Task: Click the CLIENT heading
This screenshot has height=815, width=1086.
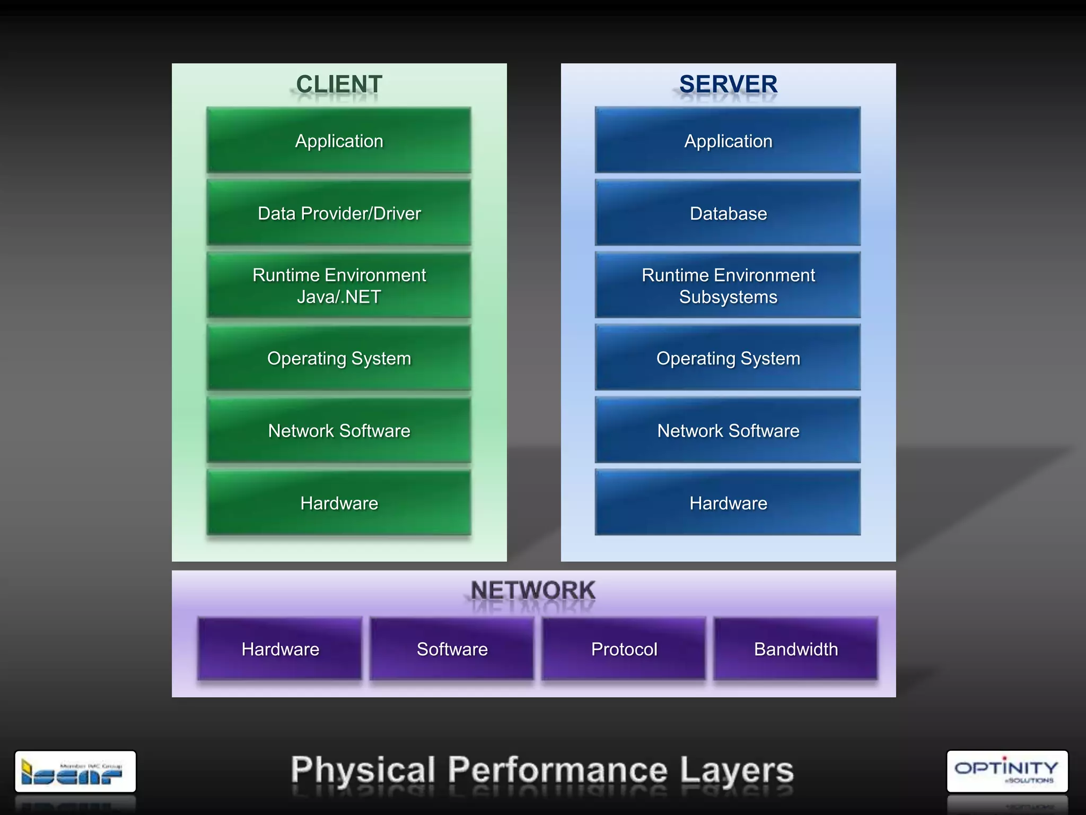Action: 339,84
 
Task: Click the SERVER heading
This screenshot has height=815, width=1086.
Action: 728,84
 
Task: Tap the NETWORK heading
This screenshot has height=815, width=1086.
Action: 533,590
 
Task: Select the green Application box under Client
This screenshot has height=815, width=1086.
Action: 339,141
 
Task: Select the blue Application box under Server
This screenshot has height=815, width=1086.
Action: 728,141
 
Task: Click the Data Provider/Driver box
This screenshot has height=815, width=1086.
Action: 339,213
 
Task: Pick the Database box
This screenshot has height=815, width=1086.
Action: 728,213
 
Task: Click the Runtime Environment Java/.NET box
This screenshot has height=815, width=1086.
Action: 339,285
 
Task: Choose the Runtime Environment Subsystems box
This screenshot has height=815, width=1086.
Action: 728,285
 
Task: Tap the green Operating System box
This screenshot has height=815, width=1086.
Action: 339,358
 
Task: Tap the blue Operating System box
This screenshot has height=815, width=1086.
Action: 728,358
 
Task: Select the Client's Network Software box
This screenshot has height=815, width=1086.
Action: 339,430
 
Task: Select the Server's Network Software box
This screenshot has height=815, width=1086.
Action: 728,430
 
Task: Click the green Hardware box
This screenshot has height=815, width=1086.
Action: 339,503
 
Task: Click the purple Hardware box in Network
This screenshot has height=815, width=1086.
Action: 280,649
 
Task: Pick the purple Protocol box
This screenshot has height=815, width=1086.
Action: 624,649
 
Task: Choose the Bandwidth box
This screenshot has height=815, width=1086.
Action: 796,649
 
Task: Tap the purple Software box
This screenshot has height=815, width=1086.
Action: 452,649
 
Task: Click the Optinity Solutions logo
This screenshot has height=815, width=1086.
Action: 1007,771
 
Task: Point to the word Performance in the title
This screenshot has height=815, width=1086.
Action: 557,770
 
